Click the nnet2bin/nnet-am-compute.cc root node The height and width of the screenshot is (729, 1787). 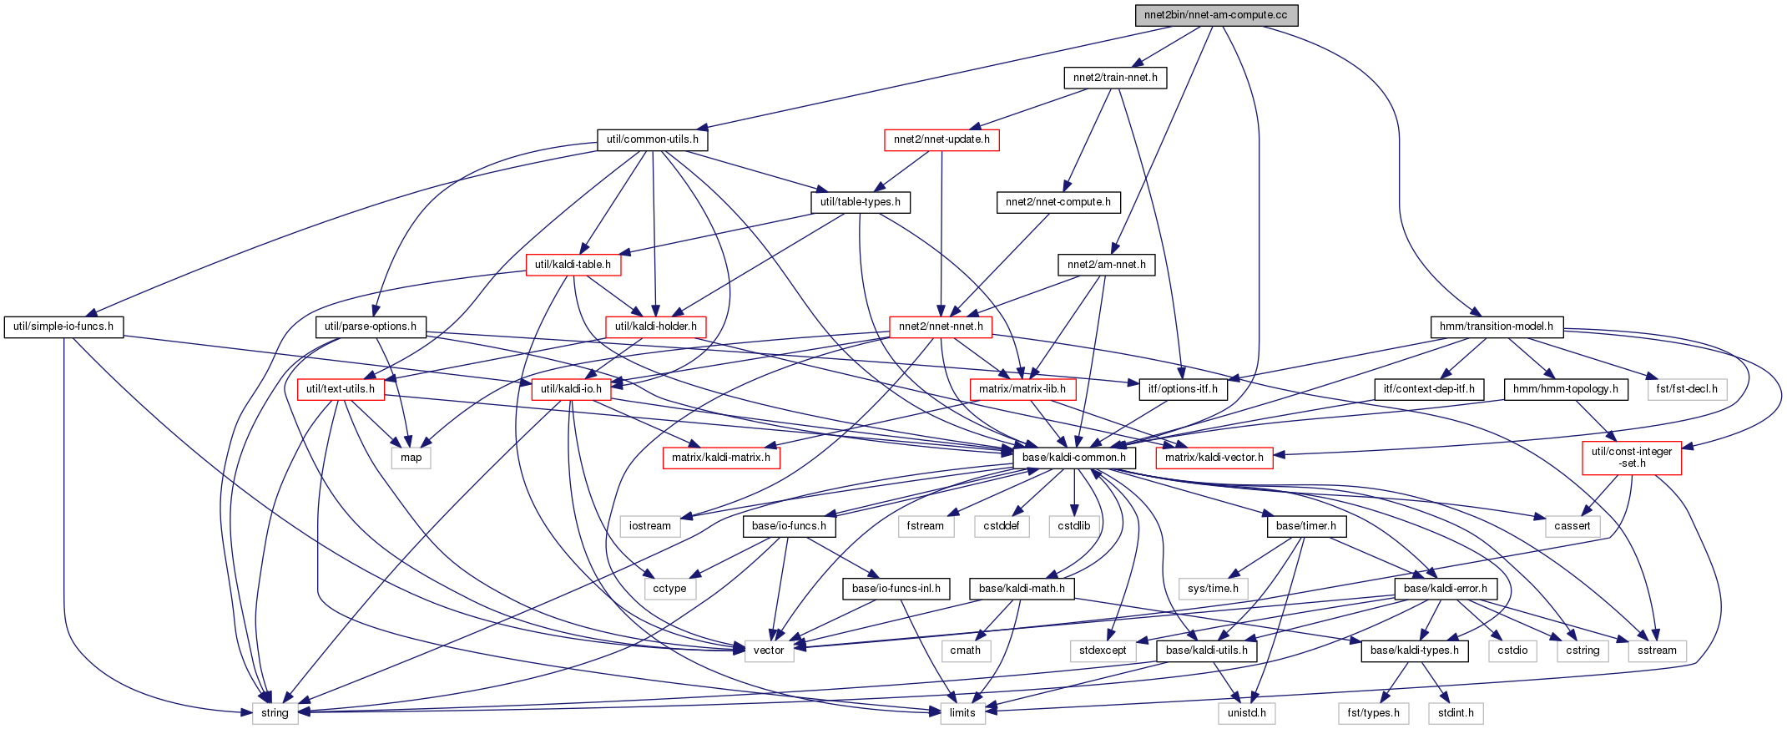[1216, 15]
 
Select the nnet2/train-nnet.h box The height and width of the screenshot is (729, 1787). [1115, 78]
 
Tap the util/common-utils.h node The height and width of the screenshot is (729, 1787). [653, 139]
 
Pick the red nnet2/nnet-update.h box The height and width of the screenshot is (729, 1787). [941, 139]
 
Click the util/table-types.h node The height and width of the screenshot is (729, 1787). [861, 202]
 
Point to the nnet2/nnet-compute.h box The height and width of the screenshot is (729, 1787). [1058, 202]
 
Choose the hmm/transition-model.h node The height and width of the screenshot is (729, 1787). [1497, 327]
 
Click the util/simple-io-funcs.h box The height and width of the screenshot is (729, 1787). [63, 327]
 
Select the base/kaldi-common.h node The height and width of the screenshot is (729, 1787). [1074, 458]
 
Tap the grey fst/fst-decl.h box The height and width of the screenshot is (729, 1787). [1687, 389]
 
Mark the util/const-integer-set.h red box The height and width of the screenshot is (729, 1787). [1632, 458]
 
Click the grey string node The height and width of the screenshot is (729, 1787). [275, 713]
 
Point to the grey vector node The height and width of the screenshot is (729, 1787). [769, 651]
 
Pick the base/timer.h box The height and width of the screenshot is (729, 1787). [1306, 526]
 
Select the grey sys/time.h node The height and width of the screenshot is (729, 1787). [1214, 589]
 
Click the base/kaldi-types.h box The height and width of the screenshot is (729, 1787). [1415, 651]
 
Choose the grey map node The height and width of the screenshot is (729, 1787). [411, 458]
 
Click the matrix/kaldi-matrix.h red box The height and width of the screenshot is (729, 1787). [721, 458]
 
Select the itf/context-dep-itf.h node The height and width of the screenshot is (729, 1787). [1429, 389]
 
